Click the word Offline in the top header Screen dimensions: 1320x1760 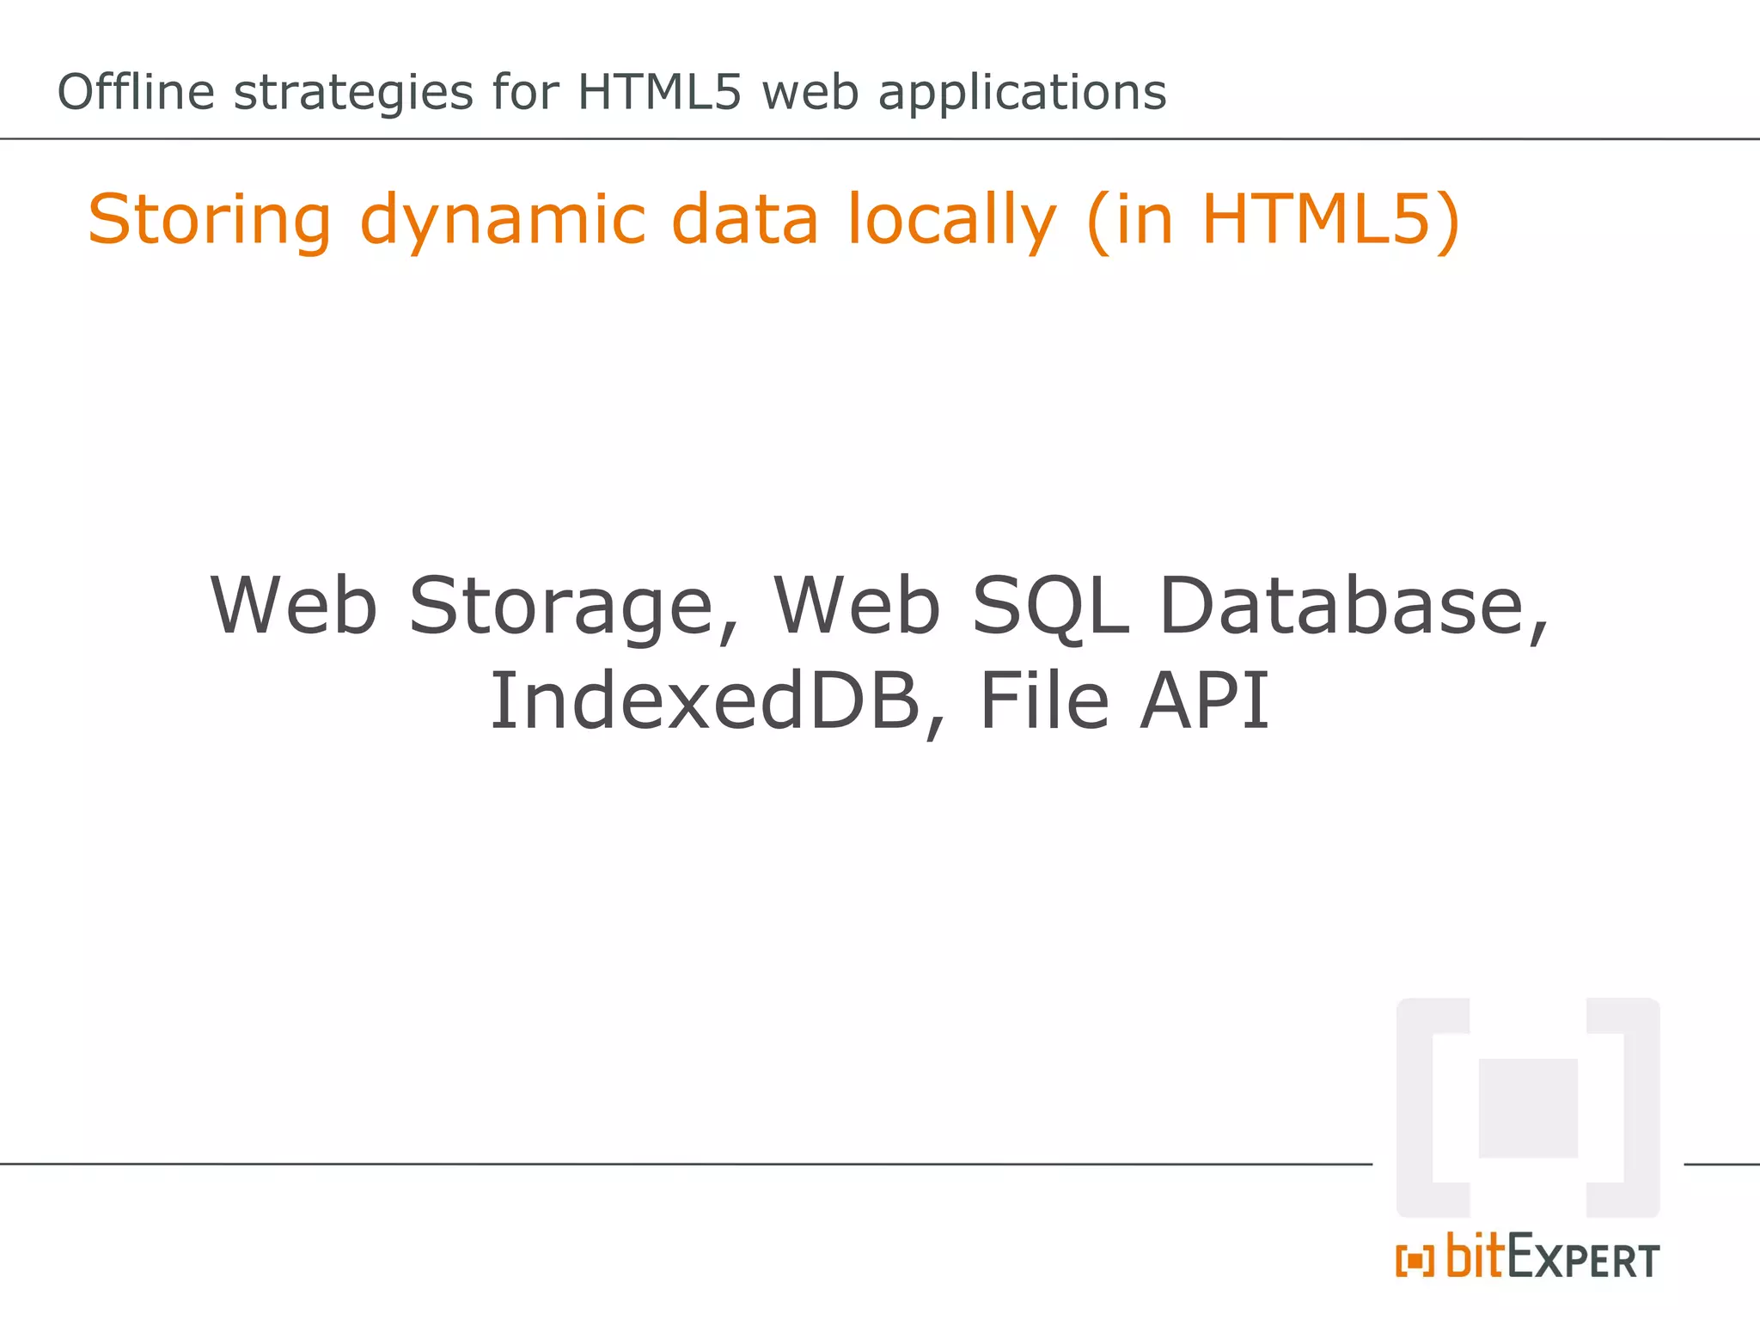(136, 92)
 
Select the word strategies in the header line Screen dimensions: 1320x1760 (353, 94)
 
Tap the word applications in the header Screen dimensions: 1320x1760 (1022, 94)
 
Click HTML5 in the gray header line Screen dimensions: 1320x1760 (658, 92)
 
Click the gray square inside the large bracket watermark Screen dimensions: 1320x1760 (1528, 1108)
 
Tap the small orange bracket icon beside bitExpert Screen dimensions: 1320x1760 (1415, 1261)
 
